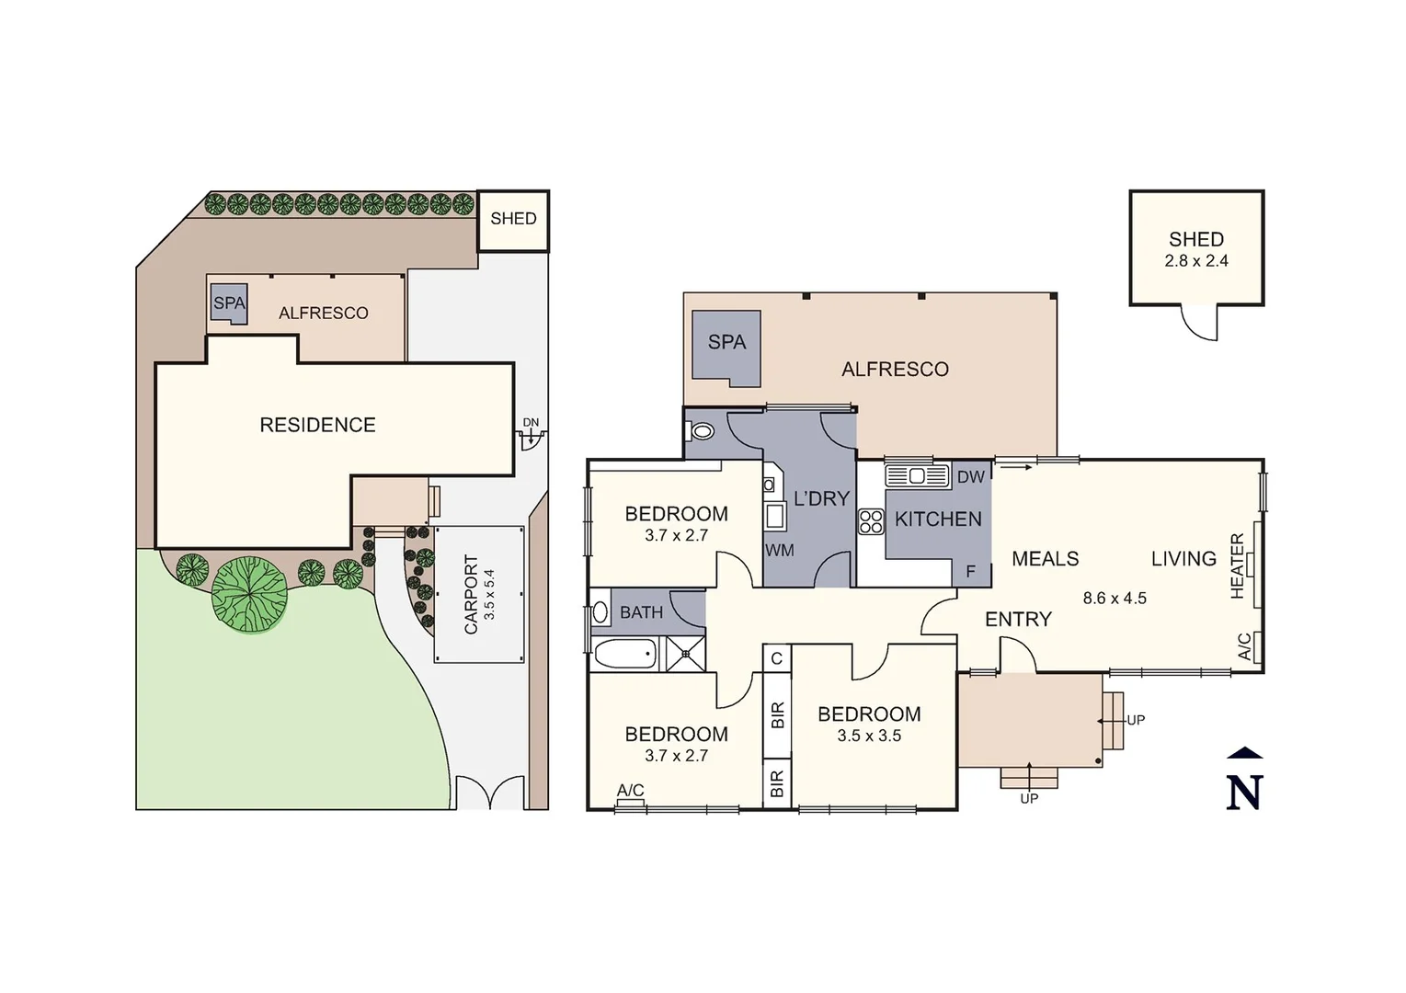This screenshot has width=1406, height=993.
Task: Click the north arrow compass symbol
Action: [x=1244, y=781]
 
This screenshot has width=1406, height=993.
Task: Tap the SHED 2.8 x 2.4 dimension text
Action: [x=1196, y=261]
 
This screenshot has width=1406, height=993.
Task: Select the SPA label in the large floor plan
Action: [x=726, y=342]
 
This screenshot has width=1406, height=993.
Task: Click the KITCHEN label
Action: [x=938, y=519]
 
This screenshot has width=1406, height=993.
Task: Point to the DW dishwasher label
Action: [x=970, y=476]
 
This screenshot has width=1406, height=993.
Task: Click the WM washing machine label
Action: [x=779, y=551]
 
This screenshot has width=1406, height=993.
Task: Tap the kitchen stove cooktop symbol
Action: [x=870, y=522]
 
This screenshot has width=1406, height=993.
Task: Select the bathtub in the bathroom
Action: [x=625, y=655]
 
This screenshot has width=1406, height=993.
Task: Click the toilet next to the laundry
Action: [x=703, y=431]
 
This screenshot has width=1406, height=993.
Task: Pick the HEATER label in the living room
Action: [x=1237, y=565]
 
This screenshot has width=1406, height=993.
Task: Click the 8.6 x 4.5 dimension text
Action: [x=1115, y=598]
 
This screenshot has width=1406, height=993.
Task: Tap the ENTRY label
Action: [x=1018, y=620]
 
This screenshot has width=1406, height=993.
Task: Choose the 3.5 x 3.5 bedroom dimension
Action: [x=869, y=736]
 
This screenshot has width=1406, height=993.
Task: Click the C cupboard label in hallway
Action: [x=777, y=658]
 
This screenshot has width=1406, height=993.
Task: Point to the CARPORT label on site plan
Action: [x=471, y=594]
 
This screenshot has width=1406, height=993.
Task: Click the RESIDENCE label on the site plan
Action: [x=317, y=425]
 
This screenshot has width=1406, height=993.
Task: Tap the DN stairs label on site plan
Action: [x=531, y=423]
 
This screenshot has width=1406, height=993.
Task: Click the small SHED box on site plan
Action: [x=513, y=220]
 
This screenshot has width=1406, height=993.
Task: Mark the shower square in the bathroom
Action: [x=683, y=655]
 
